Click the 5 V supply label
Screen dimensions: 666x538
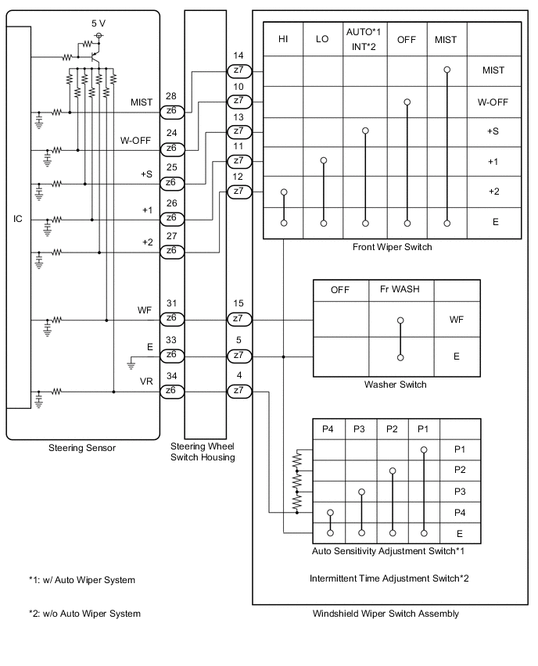click(x=98, y=23)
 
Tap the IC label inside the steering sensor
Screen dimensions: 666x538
click(x=18, y=219)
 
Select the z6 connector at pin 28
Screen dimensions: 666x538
click(x=171, y=112)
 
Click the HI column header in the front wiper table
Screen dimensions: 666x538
click(x=284, y=39)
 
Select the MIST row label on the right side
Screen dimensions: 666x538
click(x=494, y=70)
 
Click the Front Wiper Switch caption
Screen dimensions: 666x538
click(x=392, y=247)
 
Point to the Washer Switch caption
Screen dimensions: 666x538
click(x=395, y=385)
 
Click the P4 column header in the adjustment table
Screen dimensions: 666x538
click(x=328, y=429)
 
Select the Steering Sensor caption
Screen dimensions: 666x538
click(x=82, y=448)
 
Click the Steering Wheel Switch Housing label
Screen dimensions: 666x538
click(x=203, y=452)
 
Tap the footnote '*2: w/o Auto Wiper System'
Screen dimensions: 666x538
click(x=84, y=614)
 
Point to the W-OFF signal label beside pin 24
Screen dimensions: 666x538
click(x=136, y=141)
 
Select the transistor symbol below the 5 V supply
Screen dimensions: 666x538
click(x=94, y=55)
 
